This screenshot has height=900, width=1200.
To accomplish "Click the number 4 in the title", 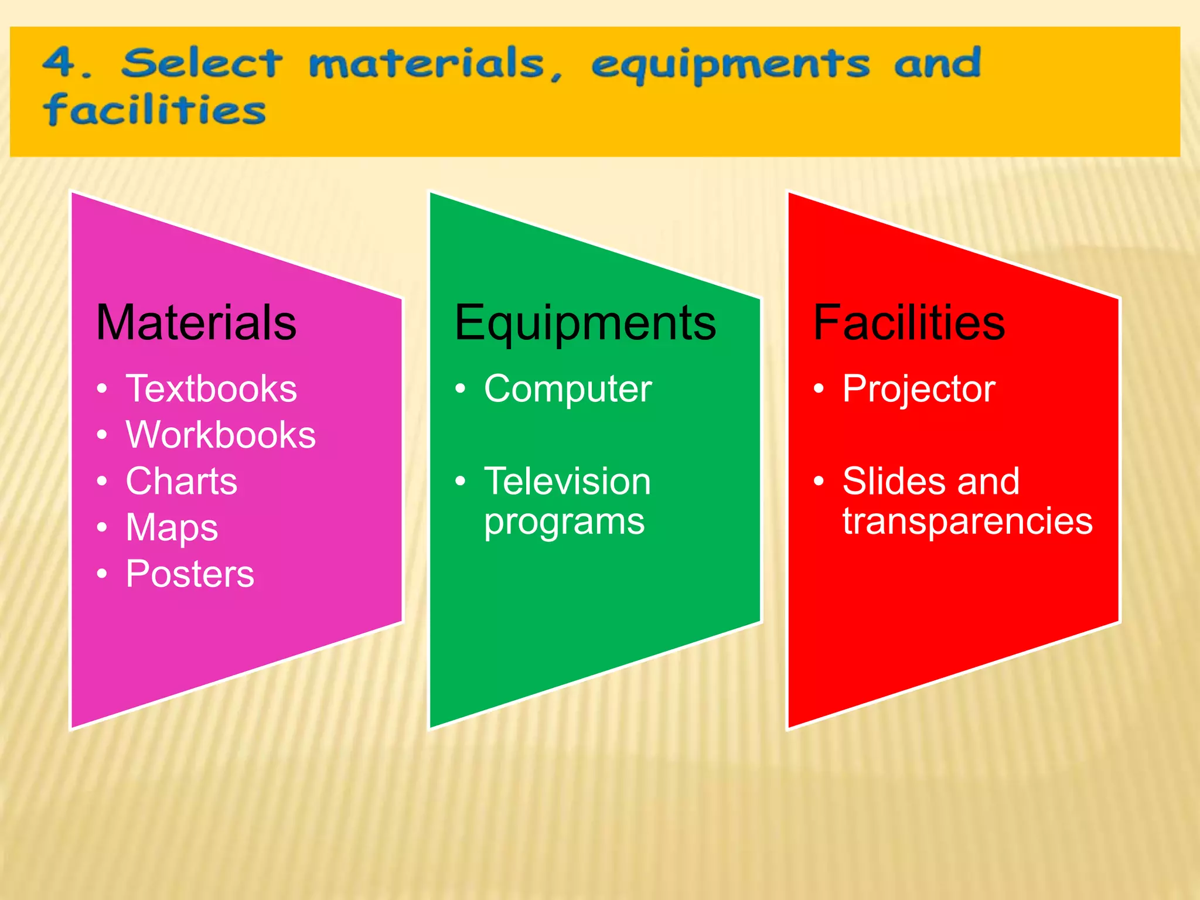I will [x=60, y=63].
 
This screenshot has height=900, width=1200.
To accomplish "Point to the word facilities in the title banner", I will [x=155, y=110].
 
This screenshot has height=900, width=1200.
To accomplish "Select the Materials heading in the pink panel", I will [x=196, y=323].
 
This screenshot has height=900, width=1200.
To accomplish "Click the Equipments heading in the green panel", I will [x=585, y=324].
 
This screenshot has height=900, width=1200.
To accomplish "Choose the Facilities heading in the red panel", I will [x=909, y=323].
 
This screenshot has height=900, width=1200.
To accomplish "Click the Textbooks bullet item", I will [x=212, y=388].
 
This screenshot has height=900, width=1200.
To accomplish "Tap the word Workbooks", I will [x=221, y=435].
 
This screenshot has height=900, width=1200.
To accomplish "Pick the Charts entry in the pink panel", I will [x=182, y=481].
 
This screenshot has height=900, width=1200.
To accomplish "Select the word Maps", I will [x=172, y=528].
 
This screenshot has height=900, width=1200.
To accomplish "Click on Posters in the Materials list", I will [x=190, y=574].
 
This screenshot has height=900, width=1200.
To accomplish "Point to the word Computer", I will [x=568, y=388].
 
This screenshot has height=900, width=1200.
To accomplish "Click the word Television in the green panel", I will [x=567, y=481].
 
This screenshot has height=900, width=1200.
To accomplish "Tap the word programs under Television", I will [x=564, y=522].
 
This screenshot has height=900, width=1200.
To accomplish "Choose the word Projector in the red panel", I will [x=919, y=390].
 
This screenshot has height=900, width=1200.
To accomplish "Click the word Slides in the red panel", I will [x=891, y=481].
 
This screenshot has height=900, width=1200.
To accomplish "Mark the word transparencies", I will [x=967, y=521].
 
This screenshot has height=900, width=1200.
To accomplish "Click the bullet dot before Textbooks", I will [x=103, y=389].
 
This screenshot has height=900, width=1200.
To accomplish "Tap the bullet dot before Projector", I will [x=819, y=389].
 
